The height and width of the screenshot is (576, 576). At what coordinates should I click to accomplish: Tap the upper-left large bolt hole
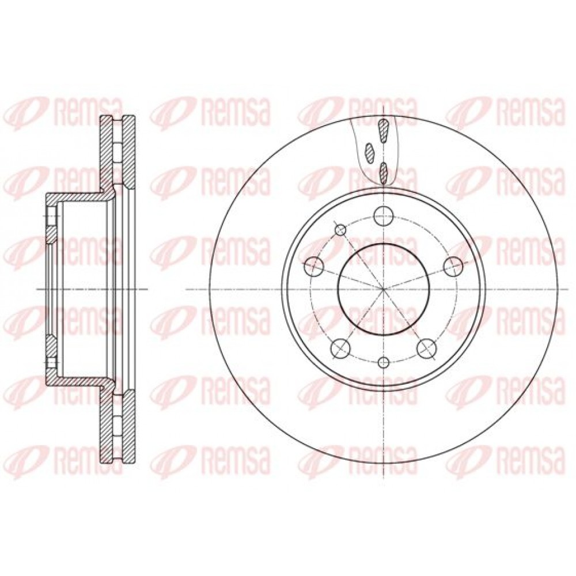[x=314, y=266]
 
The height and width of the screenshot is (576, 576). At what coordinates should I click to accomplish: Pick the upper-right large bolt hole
[x=452, y=266]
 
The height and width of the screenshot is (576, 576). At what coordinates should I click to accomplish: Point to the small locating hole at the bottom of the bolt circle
[x=383, y=362]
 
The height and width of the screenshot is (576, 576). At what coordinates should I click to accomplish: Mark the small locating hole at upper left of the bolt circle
[x=340, y=230]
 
